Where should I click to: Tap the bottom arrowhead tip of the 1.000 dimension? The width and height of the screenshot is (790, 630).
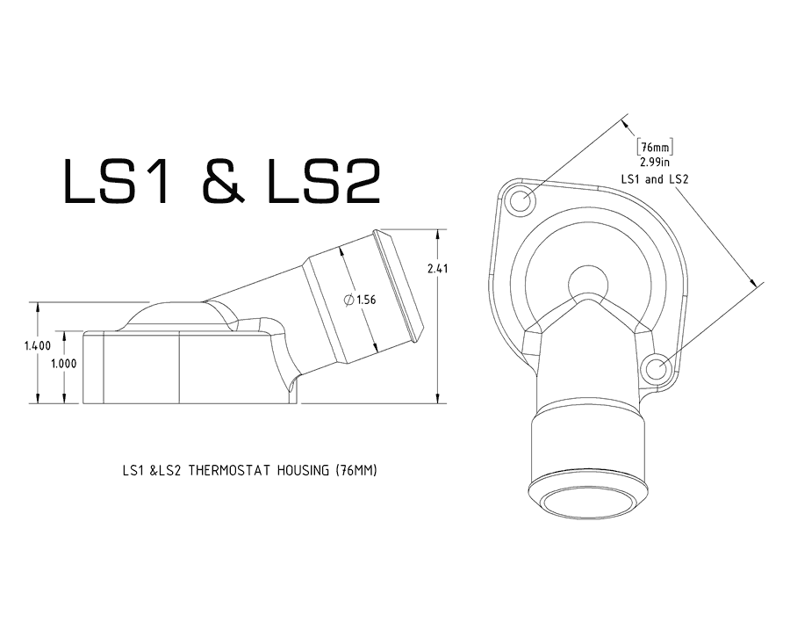click(x=64, y=403)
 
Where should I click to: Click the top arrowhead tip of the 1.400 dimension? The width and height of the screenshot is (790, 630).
click(x=38, y=302)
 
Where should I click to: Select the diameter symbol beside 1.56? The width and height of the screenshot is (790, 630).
click(x=348, y=300)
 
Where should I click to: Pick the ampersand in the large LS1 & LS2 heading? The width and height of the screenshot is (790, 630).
click(x=224, y=182)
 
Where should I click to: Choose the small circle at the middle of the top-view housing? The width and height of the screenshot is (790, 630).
click(x=587, y=283)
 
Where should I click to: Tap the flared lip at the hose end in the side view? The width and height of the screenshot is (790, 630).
click(x=399, y=286)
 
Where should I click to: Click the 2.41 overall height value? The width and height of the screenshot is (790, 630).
click(x=437, y=268)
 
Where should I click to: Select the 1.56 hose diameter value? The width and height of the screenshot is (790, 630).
click(x=366, y=301)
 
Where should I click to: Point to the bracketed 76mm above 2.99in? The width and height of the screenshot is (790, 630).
click(x=655, y=148)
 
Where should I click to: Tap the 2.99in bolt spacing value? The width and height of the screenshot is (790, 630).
click(x=655, y=163)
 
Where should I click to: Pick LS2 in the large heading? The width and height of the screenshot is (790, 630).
click(x=323, y=182)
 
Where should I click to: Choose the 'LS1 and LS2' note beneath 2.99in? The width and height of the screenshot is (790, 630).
click(x=655, y=179)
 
